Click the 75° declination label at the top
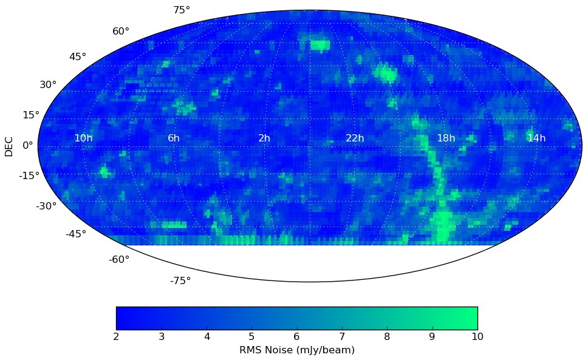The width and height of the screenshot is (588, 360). [x=182, y=10]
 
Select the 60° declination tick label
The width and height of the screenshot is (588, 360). [x=121, y=32]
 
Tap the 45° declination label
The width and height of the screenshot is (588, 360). [x=78, y=57]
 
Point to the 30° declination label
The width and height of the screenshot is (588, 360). [x=48, y=85]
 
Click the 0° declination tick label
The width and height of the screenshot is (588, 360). [x=28, y=146]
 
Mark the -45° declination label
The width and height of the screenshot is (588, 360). [x=75, y=234]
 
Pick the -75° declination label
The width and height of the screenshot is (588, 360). [x=180, y=280]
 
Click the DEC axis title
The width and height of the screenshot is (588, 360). [x=9, y=146]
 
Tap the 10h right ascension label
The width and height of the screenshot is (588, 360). [x=83, y=138]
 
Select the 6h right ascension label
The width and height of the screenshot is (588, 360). [x=174, y=138]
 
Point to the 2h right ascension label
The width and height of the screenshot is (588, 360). [x=264, y=138]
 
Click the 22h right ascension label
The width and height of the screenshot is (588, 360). [x=355, y=138]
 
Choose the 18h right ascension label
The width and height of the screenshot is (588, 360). [x=446, y=138]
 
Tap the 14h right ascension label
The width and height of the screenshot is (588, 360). [x=536, y=138]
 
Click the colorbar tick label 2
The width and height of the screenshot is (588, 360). [x=116, y=337]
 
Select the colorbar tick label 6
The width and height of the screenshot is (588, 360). [x=296, y=337]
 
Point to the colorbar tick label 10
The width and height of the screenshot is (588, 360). [x=477, y=337]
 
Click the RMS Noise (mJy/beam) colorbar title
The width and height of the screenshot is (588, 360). [x=296, y=350]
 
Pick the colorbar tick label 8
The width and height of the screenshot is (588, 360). [x=387, y=337]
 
